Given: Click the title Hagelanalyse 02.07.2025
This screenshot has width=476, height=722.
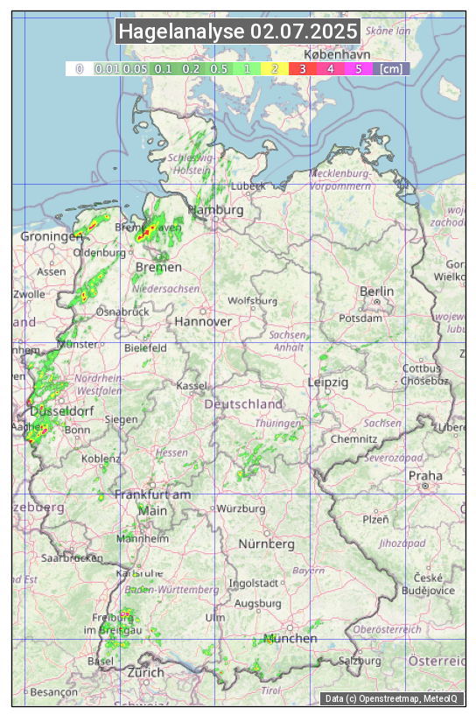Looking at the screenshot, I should pos(238,32).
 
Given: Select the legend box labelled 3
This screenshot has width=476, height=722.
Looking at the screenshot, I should pos(302,68).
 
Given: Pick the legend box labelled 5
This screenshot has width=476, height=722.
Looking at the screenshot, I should pos(359,68).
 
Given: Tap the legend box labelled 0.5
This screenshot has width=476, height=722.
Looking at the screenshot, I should pos(219,68).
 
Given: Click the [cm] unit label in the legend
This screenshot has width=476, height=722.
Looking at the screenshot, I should pos(391,68).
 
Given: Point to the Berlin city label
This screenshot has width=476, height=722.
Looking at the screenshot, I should pos(376,291).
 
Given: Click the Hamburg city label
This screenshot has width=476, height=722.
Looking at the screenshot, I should pos(216,211).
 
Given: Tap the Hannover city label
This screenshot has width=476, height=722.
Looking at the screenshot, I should pos(203,321).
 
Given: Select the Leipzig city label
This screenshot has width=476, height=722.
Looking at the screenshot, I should pos(328,382).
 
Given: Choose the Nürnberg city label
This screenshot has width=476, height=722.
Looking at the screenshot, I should pos(267,544).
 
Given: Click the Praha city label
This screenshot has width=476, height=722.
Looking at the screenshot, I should pos(424,475).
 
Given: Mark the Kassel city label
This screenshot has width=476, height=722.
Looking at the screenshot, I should pos(192,385).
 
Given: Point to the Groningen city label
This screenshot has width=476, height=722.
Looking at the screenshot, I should pos(51,236).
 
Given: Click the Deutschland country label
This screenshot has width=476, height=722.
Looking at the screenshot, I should pos(243,404).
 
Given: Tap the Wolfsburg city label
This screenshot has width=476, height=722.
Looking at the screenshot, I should pos(252,300).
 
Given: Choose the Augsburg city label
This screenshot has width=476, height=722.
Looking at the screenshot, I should pos(258,603).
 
